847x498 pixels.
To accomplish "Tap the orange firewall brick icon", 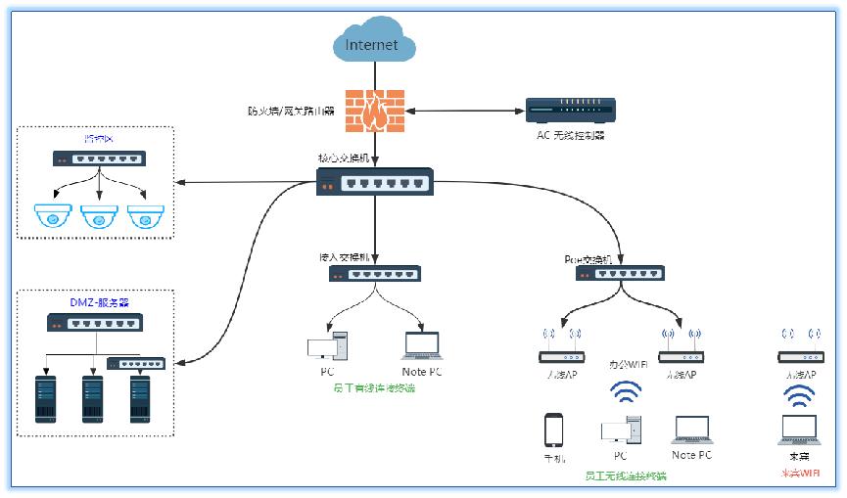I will coord(375,111).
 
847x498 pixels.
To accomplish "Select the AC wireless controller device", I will coord(570,110).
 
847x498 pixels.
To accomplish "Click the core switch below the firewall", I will coord(374,181).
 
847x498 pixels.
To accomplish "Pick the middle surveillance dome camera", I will coord(99,216).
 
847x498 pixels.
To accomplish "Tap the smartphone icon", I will coord(554,430).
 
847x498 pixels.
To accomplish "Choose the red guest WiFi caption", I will coord(799,474).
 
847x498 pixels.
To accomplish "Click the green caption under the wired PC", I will coord(373,388).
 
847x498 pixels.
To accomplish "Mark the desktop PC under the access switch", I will coord(326,346).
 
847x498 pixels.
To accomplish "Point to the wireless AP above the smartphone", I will coord(563,354).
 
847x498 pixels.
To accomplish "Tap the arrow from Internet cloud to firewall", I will coord(374,74).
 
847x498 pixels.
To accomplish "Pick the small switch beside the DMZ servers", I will coord(136,364).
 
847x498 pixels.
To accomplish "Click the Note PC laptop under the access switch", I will coord(422,346).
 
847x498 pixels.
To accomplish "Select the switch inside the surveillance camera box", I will coord(99,158).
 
